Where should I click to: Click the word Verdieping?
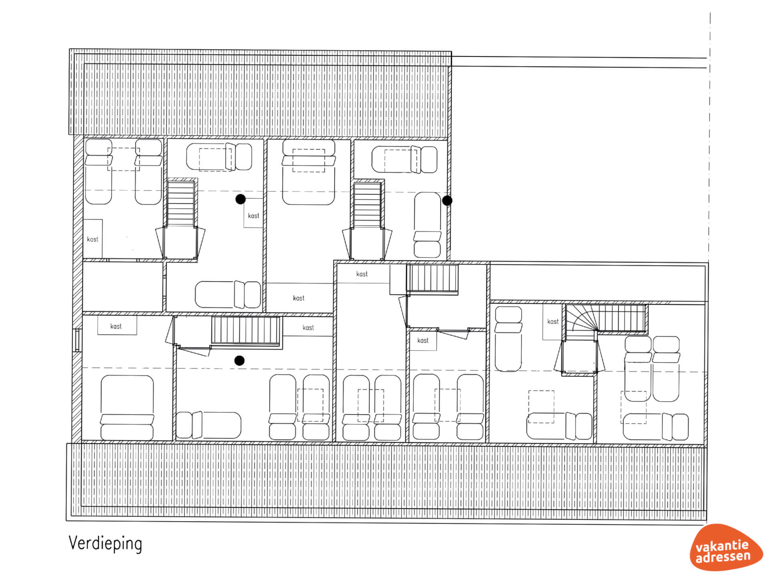point(105,544)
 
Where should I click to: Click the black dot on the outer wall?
point(447,200)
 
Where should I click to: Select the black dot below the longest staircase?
point(240,361)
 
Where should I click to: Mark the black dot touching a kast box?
point(240,199)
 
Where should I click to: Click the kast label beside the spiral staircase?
point(553,321)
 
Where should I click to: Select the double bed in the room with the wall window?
point(127,408)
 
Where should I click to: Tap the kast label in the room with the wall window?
point(116,326)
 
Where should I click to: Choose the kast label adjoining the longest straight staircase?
point(308,327)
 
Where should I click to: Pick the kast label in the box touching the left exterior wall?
point(93,239)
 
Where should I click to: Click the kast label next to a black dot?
point(254,216)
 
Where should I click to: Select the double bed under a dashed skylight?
point(308,172)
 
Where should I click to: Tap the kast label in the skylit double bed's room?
point(298,298)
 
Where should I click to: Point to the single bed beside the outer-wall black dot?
point(427,225)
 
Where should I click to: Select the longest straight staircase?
point(246,330)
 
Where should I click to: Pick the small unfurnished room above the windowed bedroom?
point(123,287)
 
